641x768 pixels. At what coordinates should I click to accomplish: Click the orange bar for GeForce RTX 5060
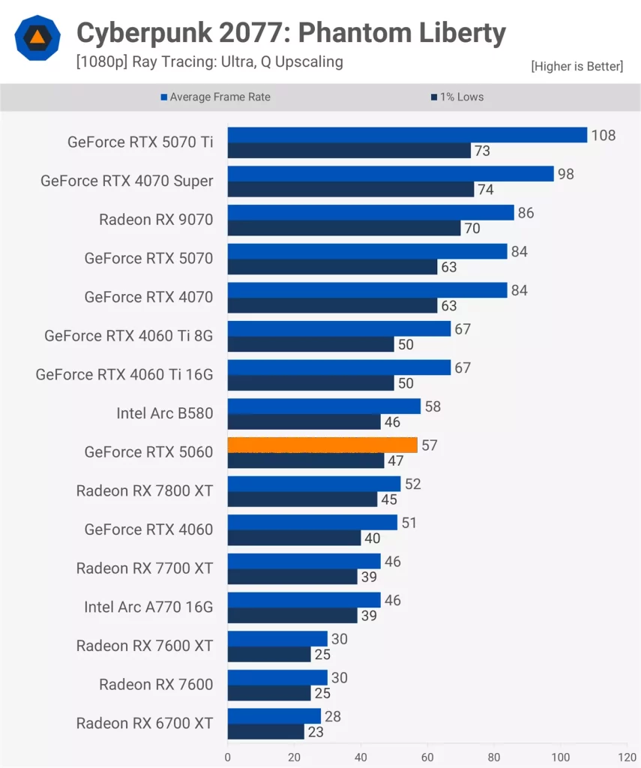322,445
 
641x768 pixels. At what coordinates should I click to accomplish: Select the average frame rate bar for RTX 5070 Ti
407,135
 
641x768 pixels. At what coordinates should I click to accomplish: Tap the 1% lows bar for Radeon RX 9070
344,228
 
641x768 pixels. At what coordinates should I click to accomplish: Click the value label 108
603,136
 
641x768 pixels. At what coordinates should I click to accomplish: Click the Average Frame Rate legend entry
216,97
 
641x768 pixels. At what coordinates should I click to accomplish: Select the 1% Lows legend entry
457,97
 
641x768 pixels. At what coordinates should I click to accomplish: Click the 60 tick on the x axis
427,757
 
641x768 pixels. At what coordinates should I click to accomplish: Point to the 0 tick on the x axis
228,757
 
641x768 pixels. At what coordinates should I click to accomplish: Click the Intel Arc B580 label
164,413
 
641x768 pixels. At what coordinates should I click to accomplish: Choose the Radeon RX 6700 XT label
144,723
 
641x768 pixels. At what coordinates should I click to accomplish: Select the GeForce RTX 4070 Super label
127,181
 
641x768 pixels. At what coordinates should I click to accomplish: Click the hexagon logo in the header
37,37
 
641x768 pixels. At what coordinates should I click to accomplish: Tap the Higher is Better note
577,67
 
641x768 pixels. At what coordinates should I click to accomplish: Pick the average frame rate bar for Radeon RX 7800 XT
314,484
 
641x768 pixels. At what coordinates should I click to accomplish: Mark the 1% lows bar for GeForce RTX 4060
295,538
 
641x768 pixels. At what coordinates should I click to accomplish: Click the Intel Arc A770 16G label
148,607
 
